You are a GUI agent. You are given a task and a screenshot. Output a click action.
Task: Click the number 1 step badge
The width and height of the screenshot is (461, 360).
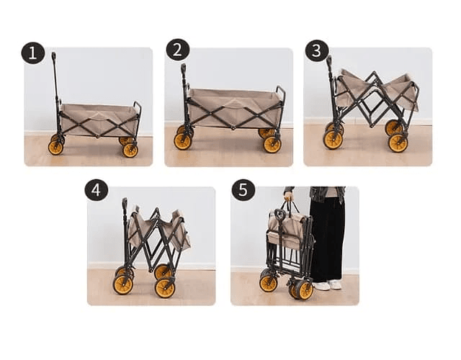(33, 53)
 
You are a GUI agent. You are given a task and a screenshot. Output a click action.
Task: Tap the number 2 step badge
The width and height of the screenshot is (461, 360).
(178, 50)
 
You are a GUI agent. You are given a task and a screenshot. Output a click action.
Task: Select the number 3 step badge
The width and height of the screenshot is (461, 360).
(317, 50)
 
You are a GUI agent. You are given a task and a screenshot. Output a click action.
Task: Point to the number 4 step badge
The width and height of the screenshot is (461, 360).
(97, 190)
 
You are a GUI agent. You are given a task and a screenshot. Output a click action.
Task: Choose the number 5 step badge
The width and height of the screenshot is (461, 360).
(243, 190)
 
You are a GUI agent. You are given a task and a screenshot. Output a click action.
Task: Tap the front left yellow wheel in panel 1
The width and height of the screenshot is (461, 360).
(56, 148)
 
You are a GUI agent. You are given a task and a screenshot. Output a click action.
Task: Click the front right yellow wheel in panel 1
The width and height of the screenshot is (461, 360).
(130, 150)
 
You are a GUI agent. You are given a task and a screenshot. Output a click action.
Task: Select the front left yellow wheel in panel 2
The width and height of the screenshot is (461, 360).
(182, 141)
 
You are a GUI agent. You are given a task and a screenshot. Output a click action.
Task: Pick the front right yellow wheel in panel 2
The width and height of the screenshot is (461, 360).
(272, 144)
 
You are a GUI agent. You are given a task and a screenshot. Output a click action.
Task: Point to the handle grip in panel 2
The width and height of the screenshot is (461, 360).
(183, 68)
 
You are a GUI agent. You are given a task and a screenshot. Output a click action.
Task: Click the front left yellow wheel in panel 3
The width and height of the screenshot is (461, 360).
(333, 140)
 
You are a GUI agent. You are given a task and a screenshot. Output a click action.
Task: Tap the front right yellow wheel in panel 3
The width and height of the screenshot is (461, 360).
(398, 143)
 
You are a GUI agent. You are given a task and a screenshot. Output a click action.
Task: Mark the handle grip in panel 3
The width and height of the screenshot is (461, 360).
(329, 60)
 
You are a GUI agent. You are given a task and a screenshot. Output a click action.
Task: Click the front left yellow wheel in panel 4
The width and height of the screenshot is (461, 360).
(123, 285)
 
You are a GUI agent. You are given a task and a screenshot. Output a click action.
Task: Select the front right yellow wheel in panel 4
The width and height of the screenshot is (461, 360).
(165, 288)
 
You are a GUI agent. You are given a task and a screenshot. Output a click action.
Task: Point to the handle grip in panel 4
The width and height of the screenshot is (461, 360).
(125, 202)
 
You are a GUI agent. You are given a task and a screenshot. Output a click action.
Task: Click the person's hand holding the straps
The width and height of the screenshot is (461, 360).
(289, 196)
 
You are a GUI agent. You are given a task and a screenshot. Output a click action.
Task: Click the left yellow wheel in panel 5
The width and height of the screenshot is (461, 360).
(269, 283)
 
